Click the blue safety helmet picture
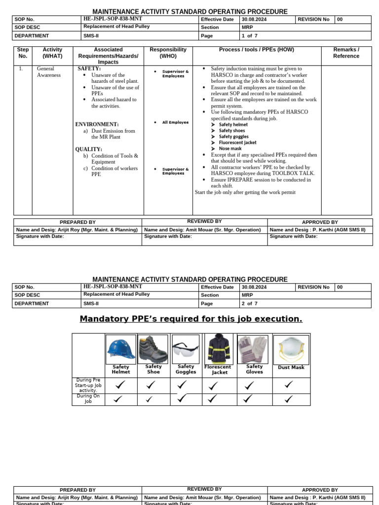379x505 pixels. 121,349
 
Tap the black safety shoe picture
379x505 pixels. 153,349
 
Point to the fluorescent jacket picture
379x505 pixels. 219,349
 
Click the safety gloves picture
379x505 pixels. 253,349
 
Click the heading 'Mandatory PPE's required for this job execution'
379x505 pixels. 191,319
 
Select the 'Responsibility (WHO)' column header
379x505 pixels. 168,53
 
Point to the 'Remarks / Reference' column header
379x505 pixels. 346,53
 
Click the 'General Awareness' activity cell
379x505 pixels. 48,72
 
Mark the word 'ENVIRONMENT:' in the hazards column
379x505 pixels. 97,124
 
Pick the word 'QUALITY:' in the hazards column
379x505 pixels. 89,149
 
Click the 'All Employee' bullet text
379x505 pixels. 175,122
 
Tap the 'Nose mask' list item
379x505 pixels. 230,148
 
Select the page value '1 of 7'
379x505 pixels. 249,36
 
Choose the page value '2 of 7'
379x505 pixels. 249,304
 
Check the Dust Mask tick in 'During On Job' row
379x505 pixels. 289,399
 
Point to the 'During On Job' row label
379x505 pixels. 88,399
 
